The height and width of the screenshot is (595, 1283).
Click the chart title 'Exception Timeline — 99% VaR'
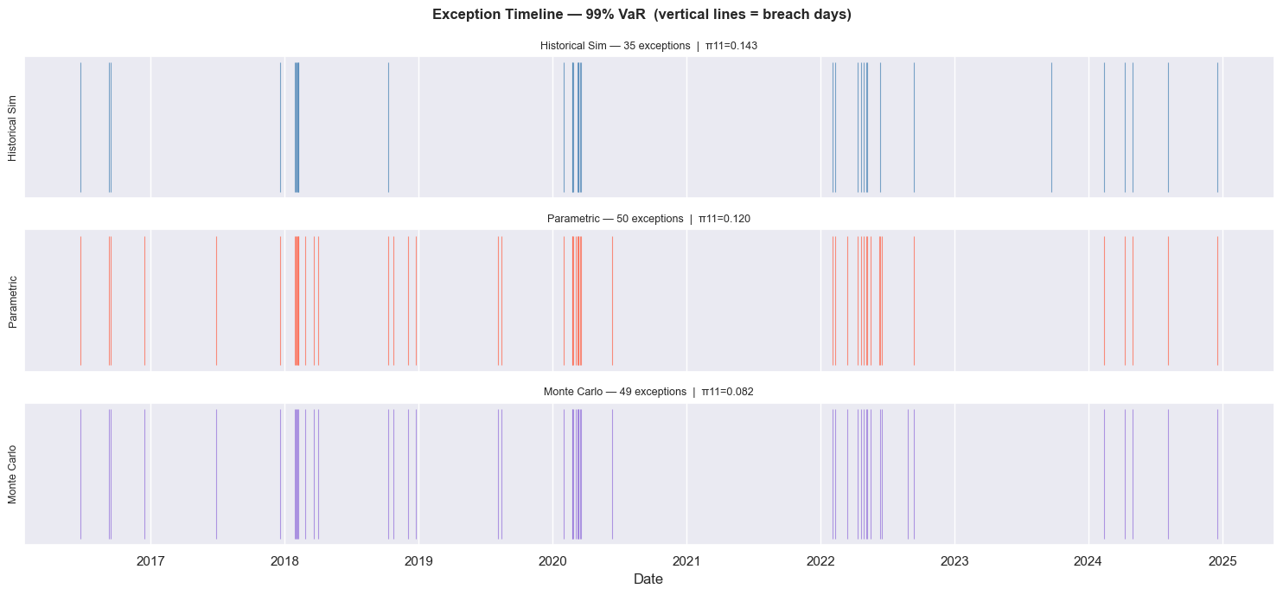(x=641, y=15)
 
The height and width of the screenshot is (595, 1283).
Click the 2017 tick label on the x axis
(x=150, y=561)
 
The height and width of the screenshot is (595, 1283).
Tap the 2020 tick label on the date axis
(x=552, y=561)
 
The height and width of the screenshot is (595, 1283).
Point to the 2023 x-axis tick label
(x=954, y=561)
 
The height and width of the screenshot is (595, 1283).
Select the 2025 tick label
(x=1222, y=561)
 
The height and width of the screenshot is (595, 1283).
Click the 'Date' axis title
(x=648, y=579)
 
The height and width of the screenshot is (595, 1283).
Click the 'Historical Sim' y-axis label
(x=12, y=128)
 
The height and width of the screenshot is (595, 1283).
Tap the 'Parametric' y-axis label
(x=12, y=301)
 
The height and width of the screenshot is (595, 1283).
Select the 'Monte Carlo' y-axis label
(x=12, y=474)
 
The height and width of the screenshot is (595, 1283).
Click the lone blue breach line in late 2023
(x=1051, y=127)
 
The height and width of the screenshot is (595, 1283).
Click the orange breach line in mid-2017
(x=216, y=301)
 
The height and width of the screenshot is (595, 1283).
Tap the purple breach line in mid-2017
(x=216, y=474)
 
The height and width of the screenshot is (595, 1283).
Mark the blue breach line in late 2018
(x=388, y=127)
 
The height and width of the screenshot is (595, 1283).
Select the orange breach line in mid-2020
(x=612, y=301)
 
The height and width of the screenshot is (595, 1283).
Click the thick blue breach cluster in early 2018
(x=297, y=127)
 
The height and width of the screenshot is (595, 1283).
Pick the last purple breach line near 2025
(x=1217, y=474)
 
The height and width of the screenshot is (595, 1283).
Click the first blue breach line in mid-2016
(x=80, y=127)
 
